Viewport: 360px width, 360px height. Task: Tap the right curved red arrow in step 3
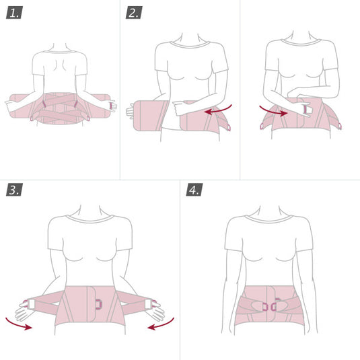(162, 325)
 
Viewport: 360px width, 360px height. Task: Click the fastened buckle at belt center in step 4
(269, 306)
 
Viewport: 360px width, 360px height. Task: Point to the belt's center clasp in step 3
(98, 304)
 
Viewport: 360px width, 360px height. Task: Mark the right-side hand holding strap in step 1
(112, 106)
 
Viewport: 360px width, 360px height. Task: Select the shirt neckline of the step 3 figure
(90, 220)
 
